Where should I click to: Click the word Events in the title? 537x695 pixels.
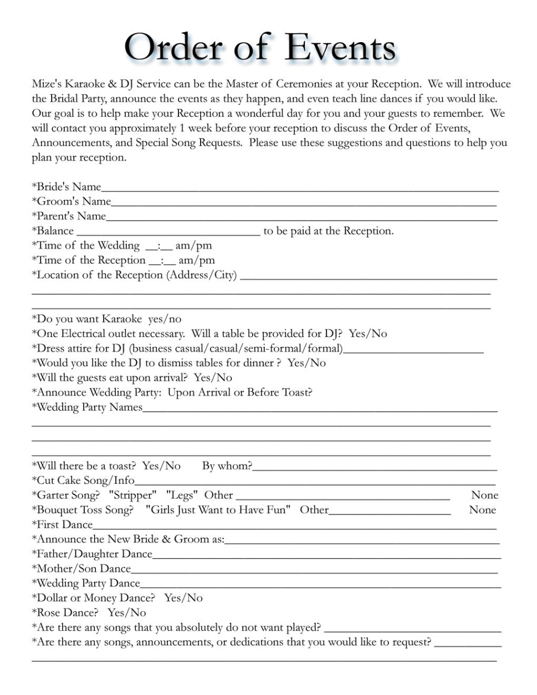coord(340,48)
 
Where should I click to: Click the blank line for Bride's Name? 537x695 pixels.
coord(299,188)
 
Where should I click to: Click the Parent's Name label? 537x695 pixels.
coord(69,216)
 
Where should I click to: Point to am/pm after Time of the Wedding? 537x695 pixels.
coord(193,246)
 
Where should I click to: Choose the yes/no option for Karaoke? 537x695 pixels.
coord(165,319)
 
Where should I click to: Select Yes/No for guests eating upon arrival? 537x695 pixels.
coord(213,378)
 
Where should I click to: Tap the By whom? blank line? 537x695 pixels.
coord(374,468)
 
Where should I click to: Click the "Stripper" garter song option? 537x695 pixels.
coord(132,495)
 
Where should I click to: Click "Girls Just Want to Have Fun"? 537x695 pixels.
coord(218,510)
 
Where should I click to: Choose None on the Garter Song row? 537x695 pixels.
coord(484,495)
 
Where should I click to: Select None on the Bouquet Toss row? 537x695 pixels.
coord(482,510)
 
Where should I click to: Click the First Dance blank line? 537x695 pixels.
coord(294,527)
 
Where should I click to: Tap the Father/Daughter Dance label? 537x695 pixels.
coord(91,554)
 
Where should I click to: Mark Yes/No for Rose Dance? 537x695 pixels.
coord(127,613)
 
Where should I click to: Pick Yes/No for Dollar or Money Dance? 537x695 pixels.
coord(183,598)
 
